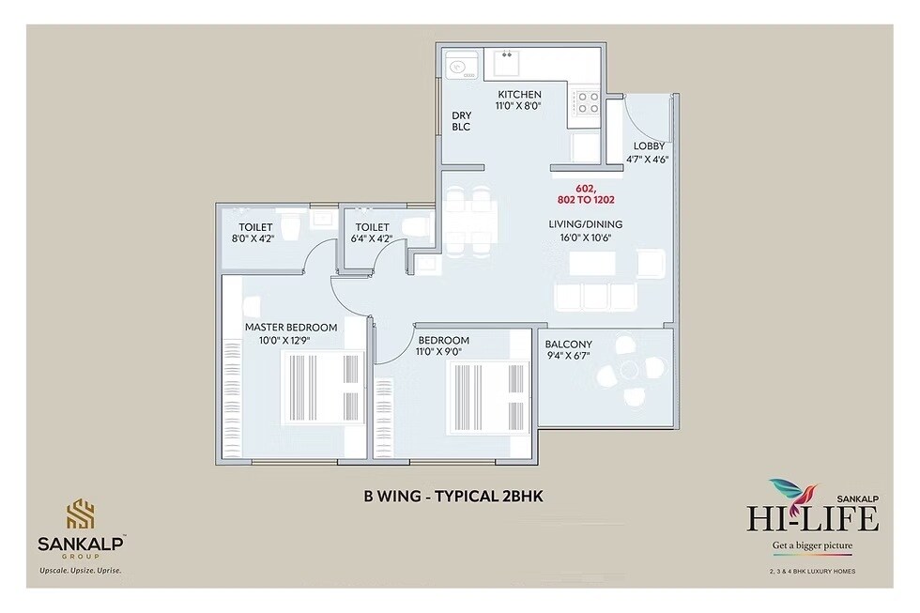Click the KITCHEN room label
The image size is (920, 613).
click(519, 94)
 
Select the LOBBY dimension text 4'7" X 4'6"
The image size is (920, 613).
click(649, 160)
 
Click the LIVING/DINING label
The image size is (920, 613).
click(586, 224)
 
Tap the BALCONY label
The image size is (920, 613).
click(568, 344)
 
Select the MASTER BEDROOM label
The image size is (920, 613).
click(290, 327)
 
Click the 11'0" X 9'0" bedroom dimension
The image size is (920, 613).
click(443, 353)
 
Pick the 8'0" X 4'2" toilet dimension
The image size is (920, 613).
click(252, 239)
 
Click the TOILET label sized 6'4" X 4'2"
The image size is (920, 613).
click(372, 227)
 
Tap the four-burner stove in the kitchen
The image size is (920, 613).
click(588, 101)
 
